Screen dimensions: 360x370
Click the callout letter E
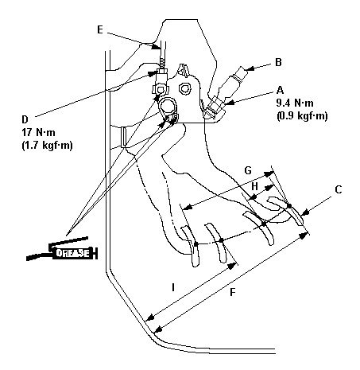pyautogui.click(x=99, y=29)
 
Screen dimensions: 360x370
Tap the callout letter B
pyautogui.click(x=278, y=62)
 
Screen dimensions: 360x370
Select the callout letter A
pyautogui.click(x=280, y=90)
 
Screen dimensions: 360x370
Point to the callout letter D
pyautogui.click(x=25, y=119)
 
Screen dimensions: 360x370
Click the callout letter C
pyautogui.click(x=339, y=189)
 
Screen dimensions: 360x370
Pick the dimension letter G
pyautogui.click(x=248, y=170)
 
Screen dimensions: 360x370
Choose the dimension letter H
pyautogui.click(x=254, y=186)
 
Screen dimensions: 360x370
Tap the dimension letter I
pyautogui.click(x=173, y=287)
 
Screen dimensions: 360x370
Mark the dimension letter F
pyautogui.click(x=232, y=292)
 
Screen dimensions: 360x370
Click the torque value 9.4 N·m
pyautogui.click(x=295, y=103)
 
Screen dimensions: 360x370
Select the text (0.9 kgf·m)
pyautogui.click(x=302, y=116)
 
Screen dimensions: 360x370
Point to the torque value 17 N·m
pyautogui.click(x=38, y=132)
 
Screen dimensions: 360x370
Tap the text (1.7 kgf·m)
pyautogui.click(x=47, y=146)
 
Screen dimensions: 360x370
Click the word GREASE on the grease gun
pyautogui.click(x=72, y=253)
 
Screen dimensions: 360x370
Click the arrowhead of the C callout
pyautogui.click(x=305, y=212)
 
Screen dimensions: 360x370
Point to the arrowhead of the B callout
pyautogui.click(x=250, y=68)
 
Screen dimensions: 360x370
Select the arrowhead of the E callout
pyautogui.click(x=156, y=47)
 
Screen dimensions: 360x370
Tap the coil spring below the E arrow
pyautogui.click(x=163, y=64)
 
